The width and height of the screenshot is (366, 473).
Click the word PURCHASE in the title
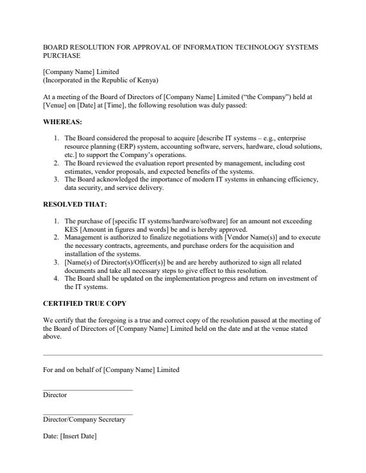[x=62, y=56]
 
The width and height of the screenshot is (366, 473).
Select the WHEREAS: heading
[x=63, y=122]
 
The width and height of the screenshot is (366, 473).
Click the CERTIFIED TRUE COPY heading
[x=84, y=303]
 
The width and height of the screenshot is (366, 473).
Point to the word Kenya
[x=147, y=80]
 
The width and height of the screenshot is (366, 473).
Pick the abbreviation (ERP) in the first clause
[x=152, y=146]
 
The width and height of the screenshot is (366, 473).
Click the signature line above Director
[x=88, y=390]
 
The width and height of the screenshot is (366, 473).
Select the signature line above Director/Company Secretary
[x=88, y=414]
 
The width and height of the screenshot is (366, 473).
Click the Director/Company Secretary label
[x=84, y=420]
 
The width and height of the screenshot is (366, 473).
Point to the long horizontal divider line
[x=183, y=355]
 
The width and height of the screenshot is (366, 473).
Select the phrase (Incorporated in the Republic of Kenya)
[x=100, y=80]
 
